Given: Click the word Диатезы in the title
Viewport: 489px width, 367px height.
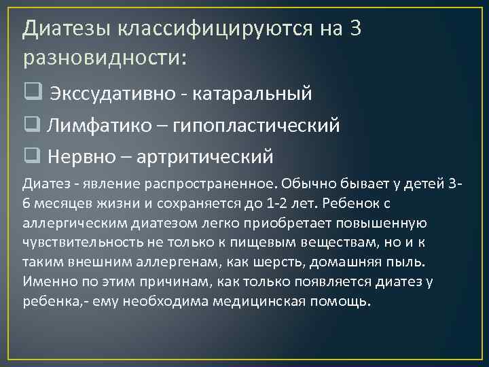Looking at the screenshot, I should tap(67, 30).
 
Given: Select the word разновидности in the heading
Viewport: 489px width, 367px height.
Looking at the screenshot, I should tap(101, 58).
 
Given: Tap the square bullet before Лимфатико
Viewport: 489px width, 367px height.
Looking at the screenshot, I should tap(31, 125).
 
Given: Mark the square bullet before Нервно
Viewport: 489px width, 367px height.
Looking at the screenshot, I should tap(31, 156).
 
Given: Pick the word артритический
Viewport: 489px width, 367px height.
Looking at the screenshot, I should tap(205, 157).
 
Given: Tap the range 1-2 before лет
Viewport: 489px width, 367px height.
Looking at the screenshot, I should tap(286, 203).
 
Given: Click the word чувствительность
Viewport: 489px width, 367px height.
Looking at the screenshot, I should tap(83, 242).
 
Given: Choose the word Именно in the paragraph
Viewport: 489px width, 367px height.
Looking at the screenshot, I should tap(46, 281).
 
